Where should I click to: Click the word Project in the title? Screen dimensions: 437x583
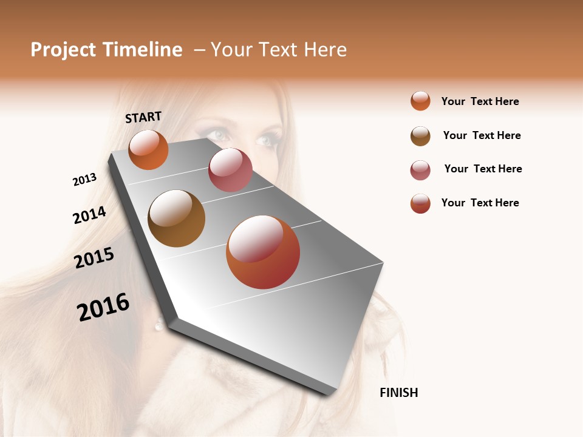point(63,50)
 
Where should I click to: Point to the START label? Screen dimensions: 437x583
point(143,117)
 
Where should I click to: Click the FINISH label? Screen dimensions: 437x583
point(398,393)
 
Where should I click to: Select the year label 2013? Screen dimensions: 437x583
point(85,180)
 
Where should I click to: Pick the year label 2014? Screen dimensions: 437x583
point(89,215)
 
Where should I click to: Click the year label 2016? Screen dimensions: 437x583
point(103,307)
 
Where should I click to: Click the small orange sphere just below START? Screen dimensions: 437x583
point(148,149)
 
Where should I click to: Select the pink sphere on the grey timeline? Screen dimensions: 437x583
point(230,170)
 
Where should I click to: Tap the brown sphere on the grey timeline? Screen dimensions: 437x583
point(176,218)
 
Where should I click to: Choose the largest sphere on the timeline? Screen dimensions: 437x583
point(263,252)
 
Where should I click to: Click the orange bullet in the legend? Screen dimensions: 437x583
point(420,101)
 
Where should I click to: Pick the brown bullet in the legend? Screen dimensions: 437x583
point(420,136)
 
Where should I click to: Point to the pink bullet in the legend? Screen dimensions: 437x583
point(420,170)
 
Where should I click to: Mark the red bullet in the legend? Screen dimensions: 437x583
point(420,203)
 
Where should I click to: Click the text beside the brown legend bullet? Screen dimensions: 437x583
point(482,135)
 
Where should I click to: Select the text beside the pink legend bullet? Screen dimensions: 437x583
point(483,169)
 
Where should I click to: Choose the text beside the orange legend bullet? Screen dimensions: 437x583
point(480,101)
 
